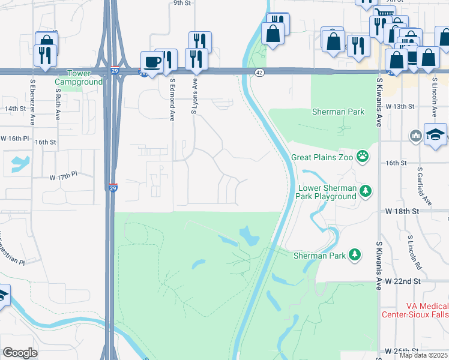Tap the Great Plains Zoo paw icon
(x=363, y=157)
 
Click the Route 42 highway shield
(x=259, y=72)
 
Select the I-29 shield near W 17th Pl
(x=113, y=187)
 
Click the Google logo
(x=20, y=352)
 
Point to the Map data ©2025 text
(x=423, y=355)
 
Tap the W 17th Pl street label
(x=64, y=177)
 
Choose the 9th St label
(x=181, y=3)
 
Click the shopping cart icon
(x=384, y=13)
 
